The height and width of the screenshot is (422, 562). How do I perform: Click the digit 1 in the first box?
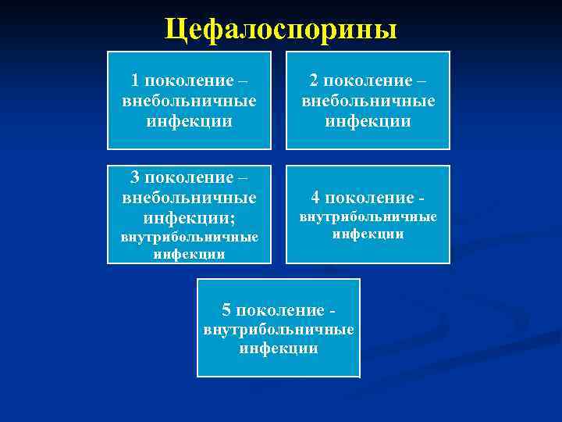click(x=135, y=80)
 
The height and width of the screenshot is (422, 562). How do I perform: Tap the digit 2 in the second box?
click(x=313, y=80)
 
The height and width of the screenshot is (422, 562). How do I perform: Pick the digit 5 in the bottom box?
click(x=227, y=309)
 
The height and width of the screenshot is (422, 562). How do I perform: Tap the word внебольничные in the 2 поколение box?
click(x=368, y=101)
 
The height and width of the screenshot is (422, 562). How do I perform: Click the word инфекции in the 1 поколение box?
click(x=189, y=121)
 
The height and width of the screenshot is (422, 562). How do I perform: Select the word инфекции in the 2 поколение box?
click(x=368, y=121)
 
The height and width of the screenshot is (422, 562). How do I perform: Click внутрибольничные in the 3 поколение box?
click(x=189, y=236)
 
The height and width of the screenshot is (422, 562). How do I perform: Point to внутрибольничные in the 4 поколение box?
click(x=368, y=216)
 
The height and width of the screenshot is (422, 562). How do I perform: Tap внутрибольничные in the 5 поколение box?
click(x=279, y=330)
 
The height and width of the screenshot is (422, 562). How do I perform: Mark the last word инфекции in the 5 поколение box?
click(x=279, y=349)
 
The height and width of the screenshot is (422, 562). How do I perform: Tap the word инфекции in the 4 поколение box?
click(x=368, y=234)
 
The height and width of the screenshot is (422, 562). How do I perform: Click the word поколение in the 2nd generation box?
click(x=363, y=80)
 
